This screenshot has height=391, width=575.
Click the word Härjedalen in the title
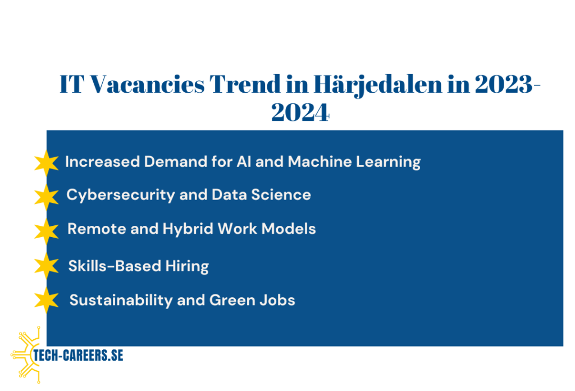tap(378, 85)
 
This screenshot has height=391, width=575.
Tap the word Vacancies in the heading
tap(147, 84)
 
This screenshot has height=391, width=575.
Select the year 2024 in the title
tap(300, 112)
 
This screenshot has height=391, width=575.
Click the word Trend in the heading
tap(245, 84)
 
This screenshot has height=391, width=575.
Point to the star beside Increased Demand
tap(46, 163)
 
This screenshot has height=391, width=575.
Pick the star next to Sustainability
tap(46, 300)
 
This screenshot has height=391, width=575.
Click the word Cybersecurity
tap(121, 195)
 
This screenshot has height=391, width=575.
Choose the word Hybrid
tap(188, 229)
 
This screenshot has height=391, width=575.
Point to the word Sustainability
tap(121, 301)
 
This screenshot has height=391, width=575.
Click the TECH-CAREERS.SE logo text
tap(78, 356)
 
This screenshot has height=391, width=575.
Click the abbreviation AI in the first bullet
tap(244, 161)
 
